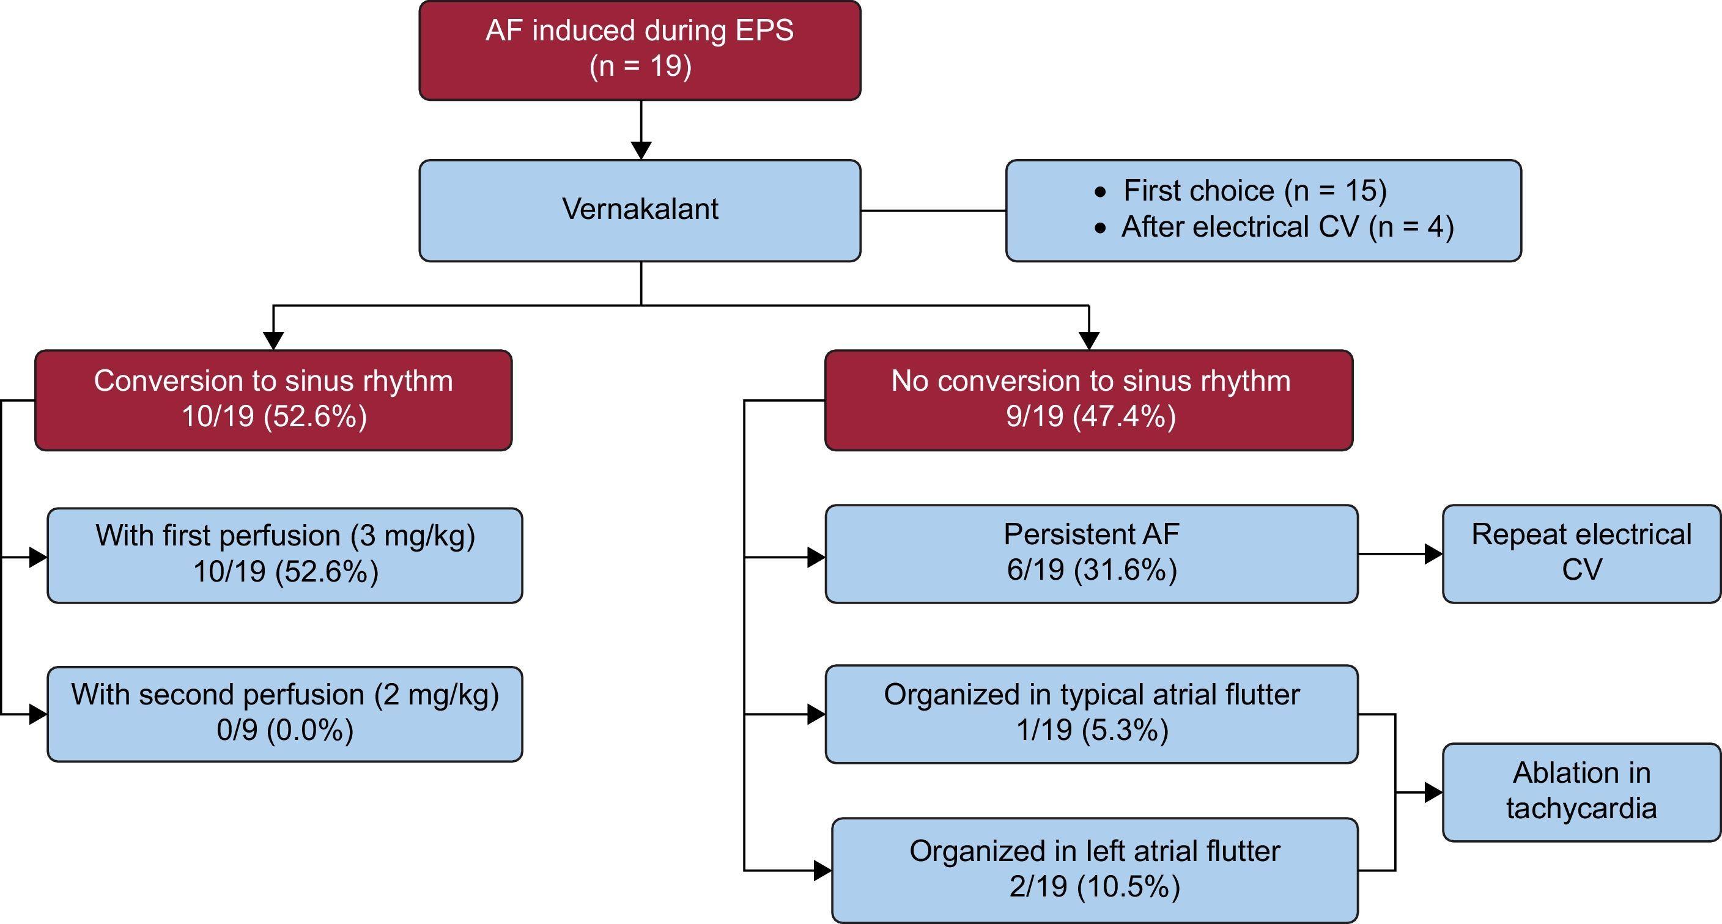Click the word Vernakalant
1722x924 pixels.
click(x=640, y=209)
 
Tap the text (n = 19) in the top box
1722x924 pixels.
click(x=640, y=66)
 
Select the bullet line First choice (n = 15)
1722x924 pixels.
click(x=1254, y=191)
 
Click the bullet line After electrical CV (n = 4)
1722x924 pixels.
click(x=1287, y=227)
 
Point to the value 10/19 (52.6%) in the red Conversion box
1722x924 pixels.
click(x=274, y=416)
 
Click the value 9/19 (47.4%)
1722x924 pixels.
click(x=1090, y=416)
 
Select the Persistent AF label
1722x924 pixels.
click(x=1091, y=534)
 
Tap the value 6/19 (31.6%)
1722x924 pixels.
click(x=1091, y=571)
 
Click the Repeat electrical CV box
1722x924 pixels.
click(x=1581, y=553)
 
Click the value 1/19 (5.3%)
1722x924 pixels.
click(x=1092, y=730)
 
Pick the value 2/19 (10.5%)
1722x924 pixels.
click(x=1095, y=887)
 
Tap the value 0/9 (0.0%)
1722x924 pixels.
click(x=285, y=730)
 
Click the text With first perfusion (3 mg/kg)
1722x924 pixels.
click(x=285, y=536)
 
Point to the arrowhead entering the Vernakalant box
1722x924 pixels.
click(x=641, y=150)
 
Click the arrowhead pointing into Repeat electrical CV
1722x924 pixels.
click(x=1433, y=553)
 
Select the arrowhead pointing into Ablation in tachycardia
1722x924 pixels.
click(x=1433, y=793)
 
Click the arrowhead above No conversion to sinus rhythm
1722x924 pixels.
click(x=1089, y=341)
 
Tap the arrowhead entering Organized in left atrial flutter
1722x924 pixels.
click(x=822, y=871)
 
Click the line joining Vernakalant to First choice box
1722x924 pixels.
click(x=933, y=210)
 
